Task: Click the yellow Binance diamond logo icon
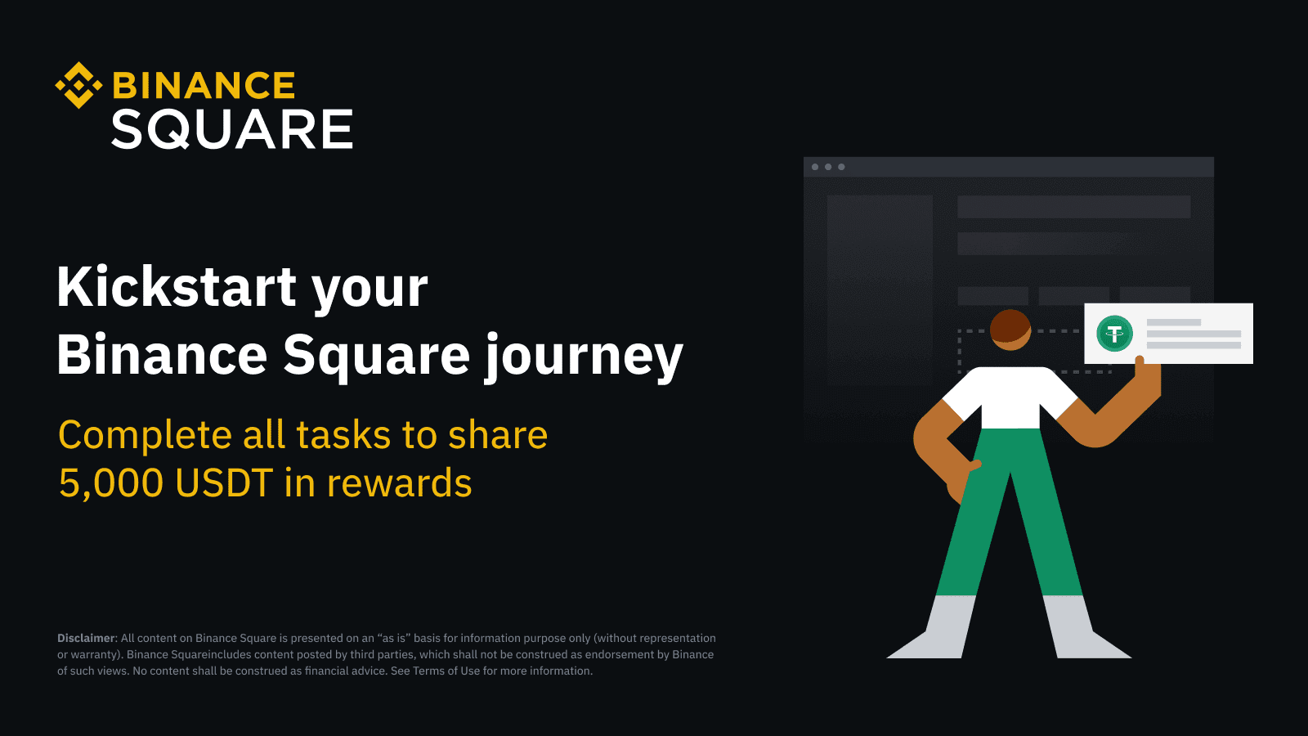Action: click(x=78, y=85)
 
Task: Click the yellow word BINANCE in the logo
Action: click(x=204, y=85)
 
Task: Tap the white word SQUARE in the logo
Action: click(x=232, y=129)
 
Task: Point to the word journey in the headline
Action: click(x=584, y=357)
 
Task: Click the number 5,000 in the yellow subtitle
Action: click(x=111, y=483)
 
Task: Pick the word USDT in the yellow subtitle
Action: click(x=224, y=482)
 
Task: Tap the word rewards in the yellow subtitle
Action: click(x=400, y=483)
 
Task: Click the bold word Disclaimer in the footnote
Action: click(x=86, y=638)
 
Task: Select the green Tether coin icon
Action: click(x=1115, y=334)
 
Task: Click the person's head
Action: click(x=1010, y=330)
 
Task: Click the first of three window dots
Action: click(x=814, y=167)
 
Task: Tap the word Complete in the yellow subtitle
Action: click(x=146, y=435)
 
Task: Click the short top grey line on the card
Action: click(x=1174, y=322)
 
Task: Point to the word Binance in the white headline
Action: click(x=162, y=355)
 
